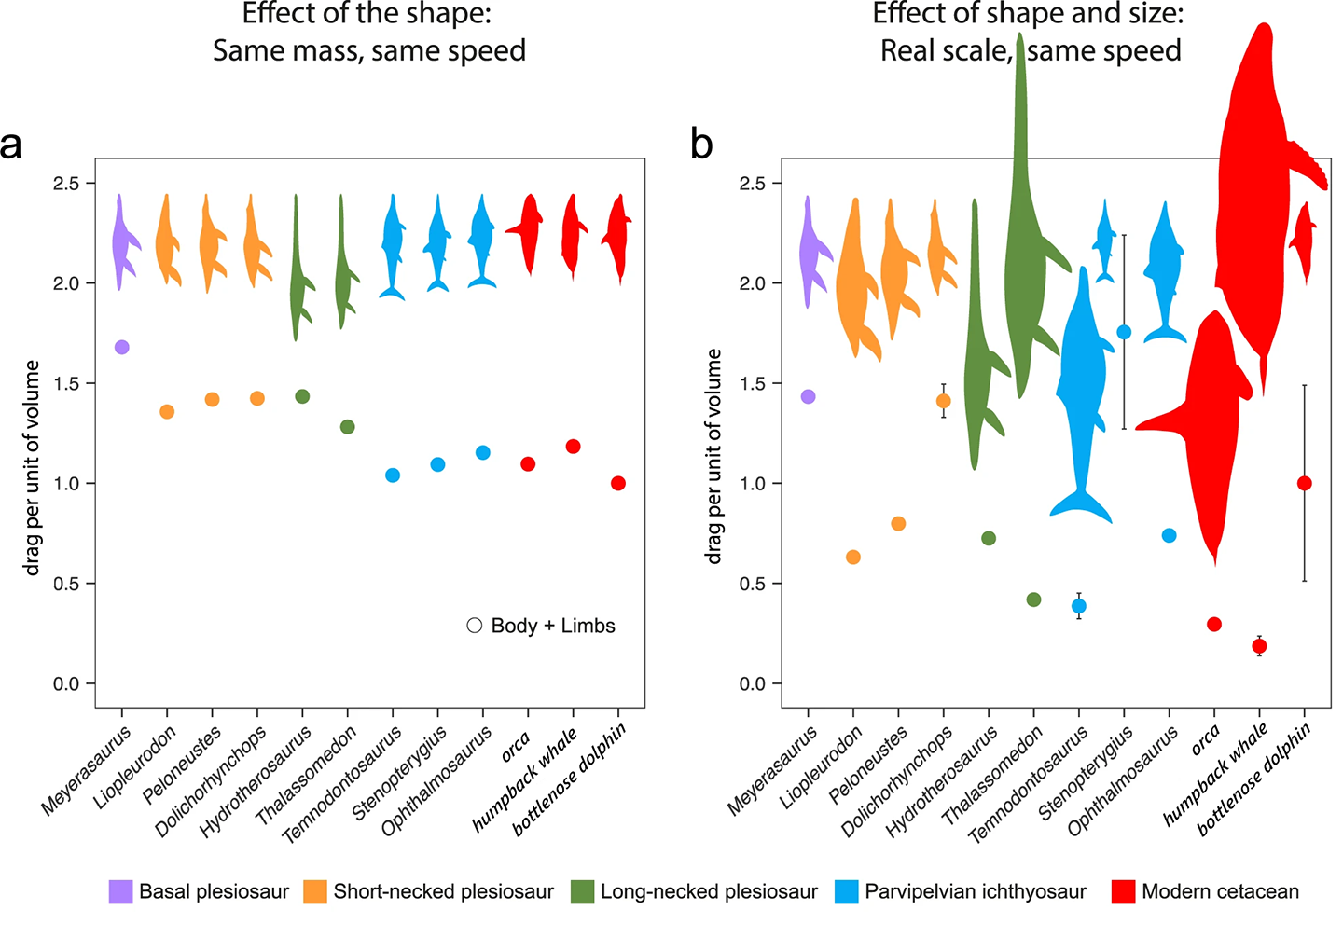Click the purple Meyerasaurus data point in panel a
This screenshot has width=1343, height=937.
point(121,348)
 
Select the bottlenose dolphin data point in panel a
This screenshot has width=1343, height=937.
point(618,483)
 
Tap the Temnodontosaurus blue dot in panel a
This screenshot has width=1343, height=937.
point(393,475)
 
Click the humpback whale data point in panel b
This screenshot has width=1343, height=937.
point(1259,646)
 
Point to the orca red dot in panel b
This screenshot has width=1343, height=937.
point(1214,625)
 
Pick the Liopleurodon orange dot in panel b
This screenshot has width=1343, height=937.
point(852,558)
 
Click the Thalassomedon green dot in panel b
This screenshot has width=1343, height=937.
point(1033,599)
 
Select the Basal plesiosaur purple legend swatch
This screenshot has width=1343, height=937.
point(120,892)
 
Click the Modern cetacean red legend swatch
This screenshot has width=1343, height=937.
point(1123,892)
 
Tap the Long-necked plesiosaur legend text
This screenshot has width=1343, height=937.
point(709,892)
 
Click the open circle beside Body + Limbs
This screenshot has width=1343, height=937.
point(475,626)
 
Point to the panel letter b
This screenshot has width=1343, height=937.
point(701,145)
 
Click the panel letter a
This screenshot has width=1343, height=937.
point(11,145)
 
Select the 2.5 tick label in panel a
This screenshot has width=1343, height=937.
point(66,184)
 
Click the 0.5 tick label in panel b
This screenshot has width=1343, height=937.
point(752,584)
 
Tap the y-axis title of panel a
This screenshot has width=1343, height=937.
point(33,468)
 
